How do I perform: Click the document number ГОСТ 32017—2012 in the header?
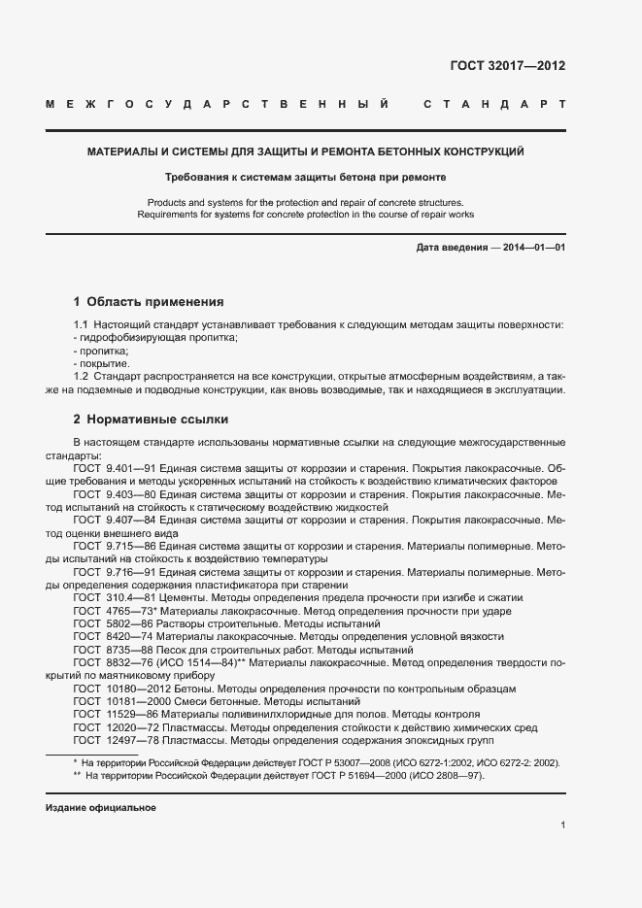pos(507,66)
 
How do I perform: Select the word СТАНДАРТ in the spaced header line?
pos(494,104)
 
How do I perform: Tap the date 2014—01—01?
pos(534,248)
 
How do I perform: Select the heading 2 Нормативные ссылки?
pos(151,420)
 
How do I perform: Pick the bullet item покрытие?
pos(101,362)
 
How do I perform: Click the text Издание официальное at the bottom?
pos(100,808)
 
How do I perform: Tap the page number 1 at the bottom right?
pos(562,825)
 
